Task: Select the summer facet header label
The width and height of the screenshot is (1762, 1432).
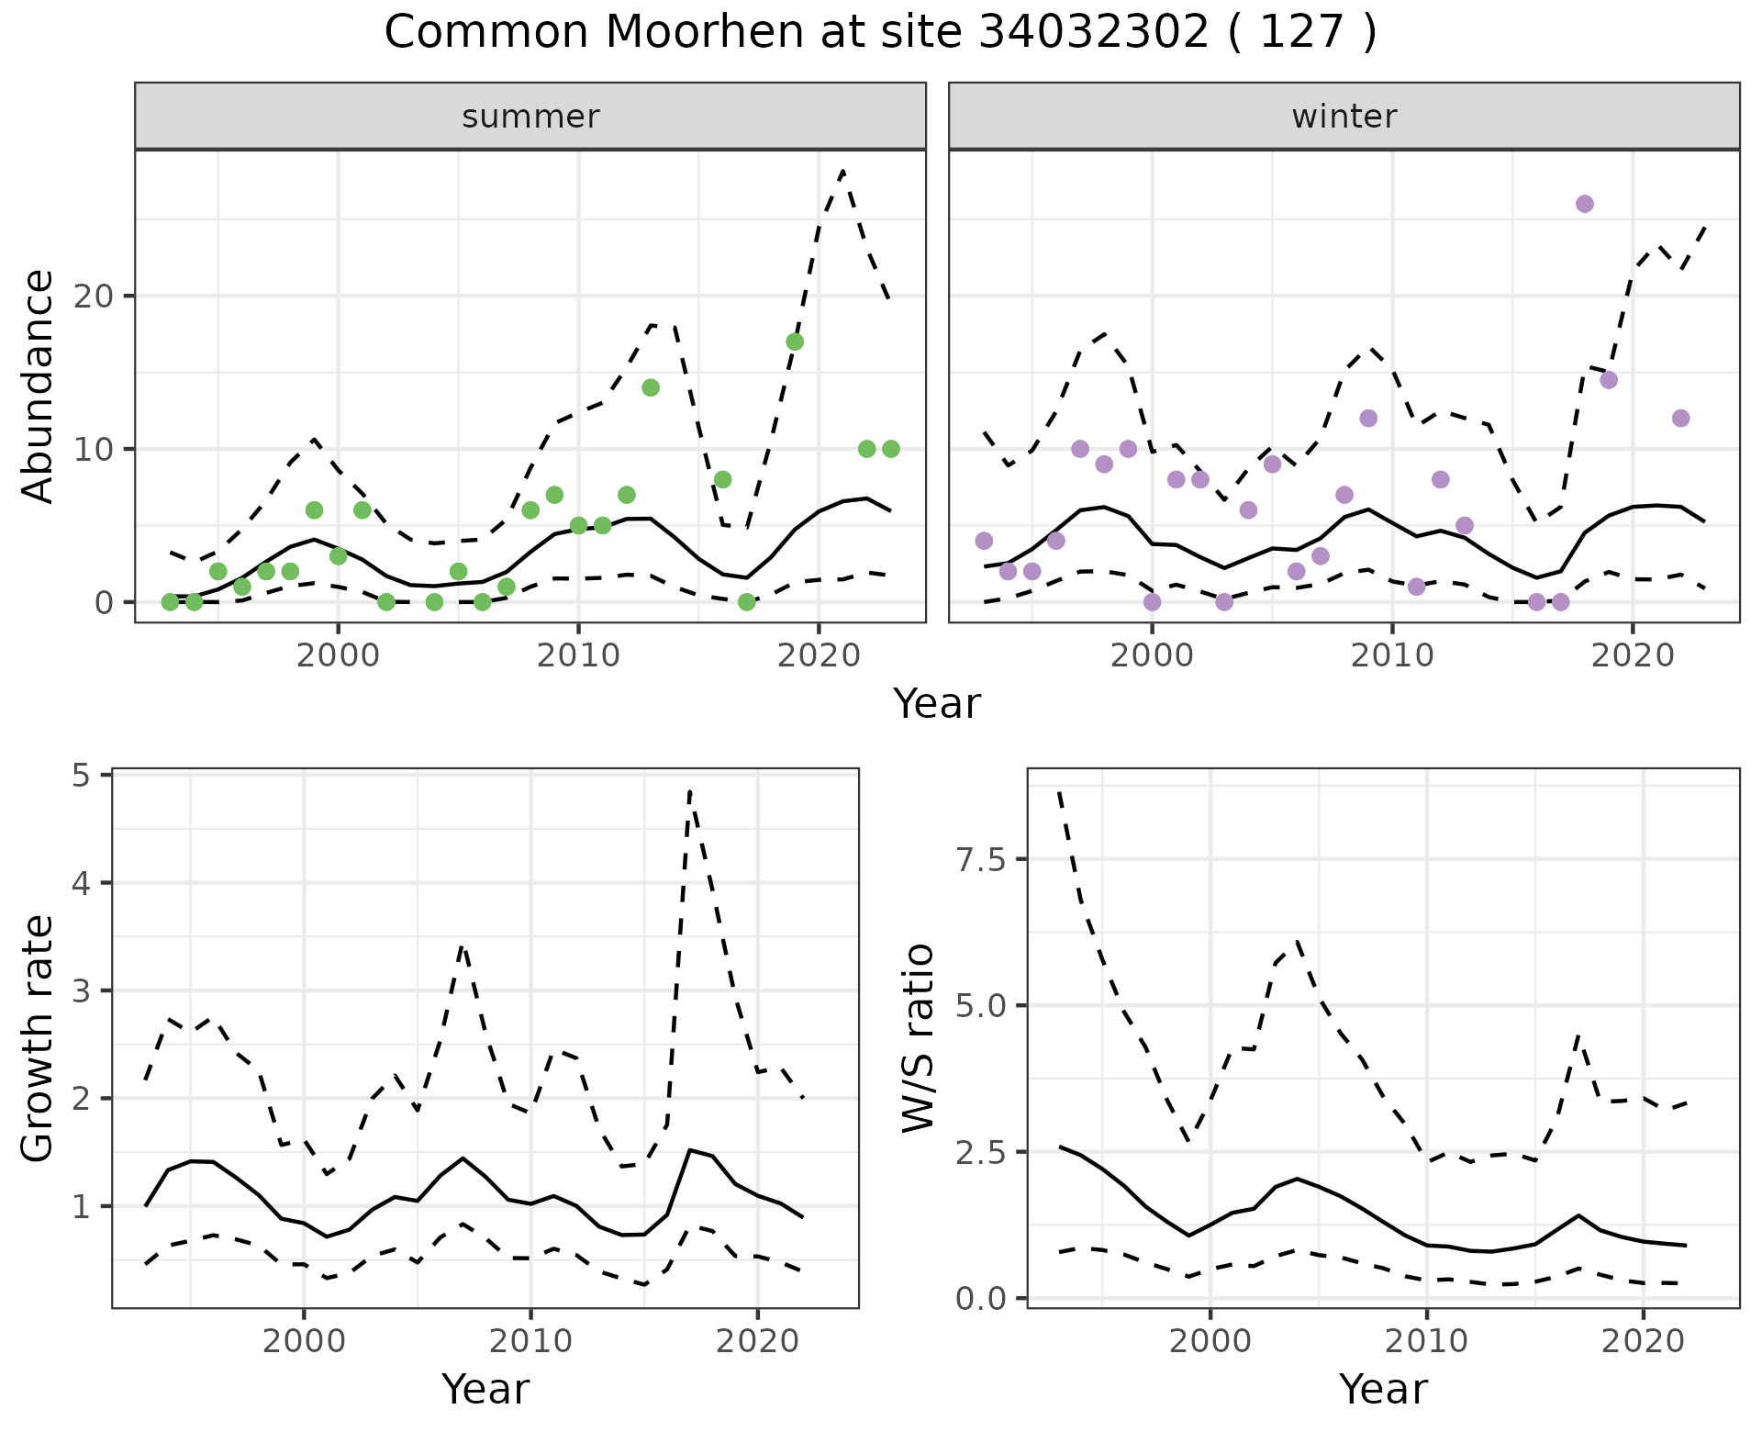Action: pyautogui.click(x=530, y=117)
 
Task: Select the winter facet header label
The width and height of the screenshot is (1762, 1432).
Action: pyautogui.click(x=1344, y=117)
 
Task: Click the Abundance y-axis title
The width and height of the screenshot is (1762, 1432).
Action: pyautogui.click(x=39, y=386)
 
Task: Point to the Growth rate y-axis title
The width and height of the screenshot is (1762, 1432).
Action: pyautogui.click(x=39, y=1040)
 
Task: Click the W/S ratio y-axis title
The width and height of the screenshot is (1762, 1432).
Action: pyautogui.click(x=918, y=1038)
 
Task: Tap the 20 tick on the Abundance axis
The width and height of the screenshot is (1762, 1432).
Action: pyautogui.click(x=100, y=296)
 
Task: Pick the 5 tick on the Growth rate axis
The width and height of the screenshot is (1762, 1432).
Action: pyautogui.click(x=87, y=777)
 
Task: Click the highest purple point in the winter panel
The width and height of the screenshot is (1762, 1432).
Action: pyautogui.click(x=1584, y=204)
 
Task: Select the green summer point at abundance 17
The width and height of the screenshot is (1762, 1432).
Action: pyautogui.click(x=795, y=341)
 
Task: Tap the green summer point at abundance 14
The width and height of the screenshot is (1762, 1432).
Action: pyautogui.click(x=651, y=387)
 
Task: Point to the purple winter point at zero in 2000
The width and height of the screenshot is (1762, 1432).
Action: pyautogui.click(x=1153, y=602)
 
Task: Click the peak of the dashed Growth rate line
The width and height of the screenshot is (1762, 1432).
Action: pyautogui.click(x=689, y=791)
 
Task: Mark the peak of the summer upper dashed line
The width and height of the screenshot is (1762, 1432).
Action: pyautogui.click(x=842, y=172)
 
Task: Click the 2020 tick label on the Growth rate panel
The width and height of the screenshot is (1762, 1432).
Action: pyautogui.click(x=756, y=1340)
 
